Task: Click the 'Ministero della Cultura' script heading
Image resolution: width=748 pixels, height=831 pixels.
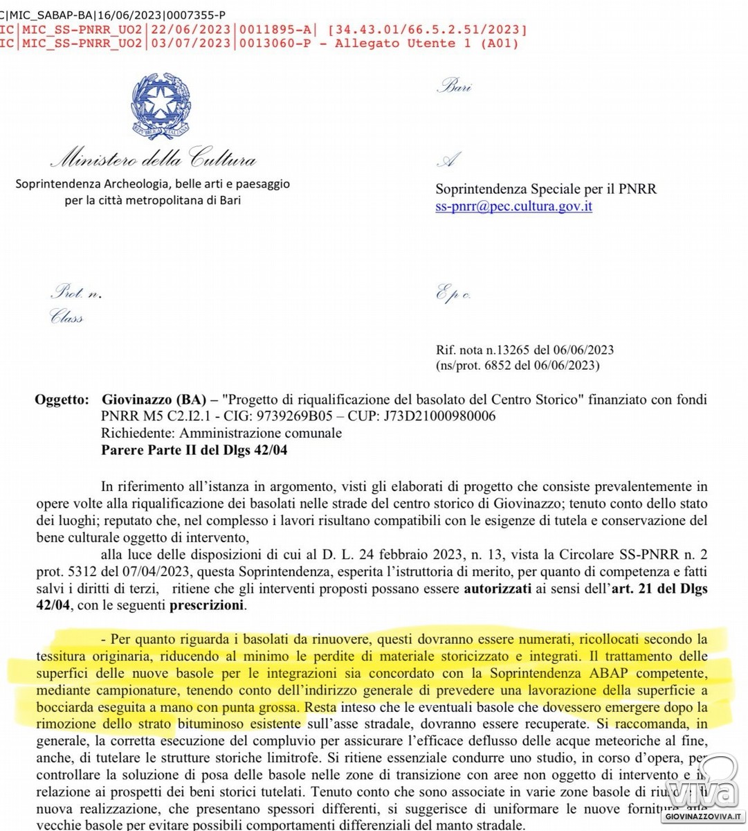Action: coord(153,160)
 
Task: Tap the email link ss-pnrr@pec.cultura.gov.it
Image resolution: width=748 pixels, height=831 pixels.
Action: coord(513,206)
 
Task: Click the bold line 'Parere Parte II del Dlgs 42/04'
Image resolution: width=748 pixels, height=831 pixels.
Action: coord(194,449)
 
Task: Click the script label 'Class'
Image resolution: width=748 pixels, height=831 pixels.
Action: coord(66,318)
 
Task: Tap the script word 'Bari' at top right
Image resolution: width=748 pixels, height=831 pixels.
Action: coord(455,88)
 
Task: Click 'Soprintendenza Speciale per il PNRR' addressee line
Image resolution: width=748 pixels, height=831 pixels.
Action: coord(546,189)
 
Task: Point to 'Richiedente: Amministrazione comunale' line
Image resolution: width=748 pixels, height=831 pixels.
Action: coord(221,433)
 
